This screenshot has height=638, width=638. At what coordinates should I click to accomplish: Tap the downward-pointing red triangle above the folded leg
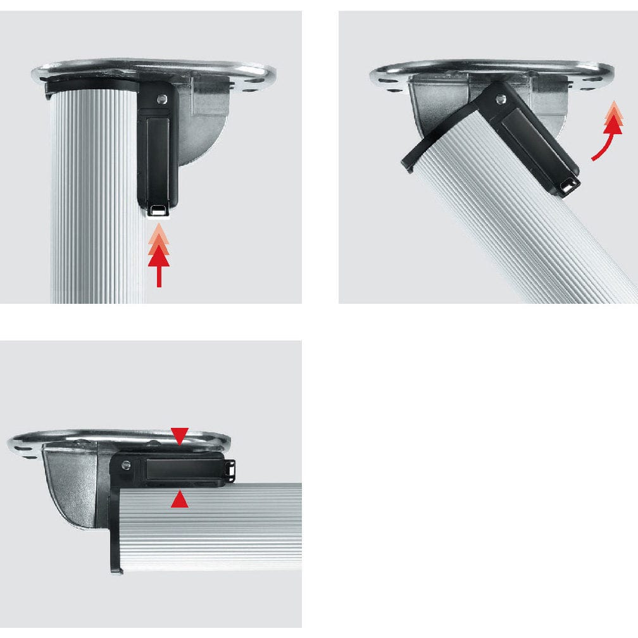[x=180, y=435]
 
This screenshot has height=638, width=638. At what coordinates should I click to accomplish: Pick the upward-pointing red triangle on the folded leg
[x=180, y=500]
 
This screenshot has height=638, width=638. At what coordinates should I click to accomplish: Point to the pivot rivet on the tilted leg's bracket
[x=502, y=99]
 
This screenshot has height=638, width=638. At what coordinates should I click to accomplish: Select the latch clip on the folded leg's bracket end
[x=230, y=469]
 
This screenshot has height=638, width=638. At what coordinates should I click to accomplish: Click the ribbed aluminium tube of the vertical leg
[x=95, y=203]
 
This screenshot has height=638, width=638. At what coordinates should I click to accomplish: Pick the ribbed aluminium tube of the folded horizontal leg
[x=215, y=525]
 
